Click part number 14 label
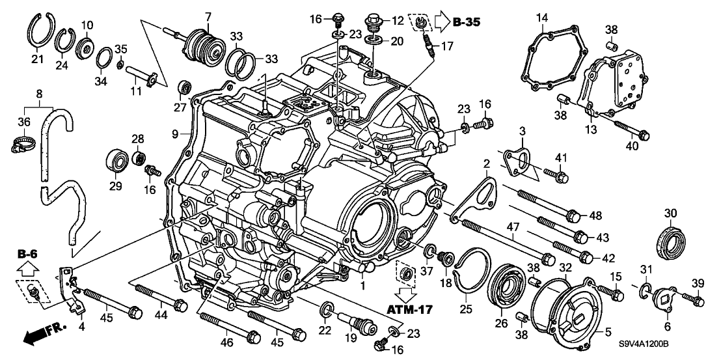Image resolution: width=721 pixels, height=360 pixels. coord(542,16)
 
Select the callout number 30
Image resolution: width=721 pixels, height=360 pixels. coord(671,212)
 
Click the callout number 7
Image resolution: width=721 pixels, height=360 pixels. coord(208,16)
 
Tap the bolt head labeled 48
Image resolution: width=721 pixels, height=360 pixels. coord(573,215)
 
